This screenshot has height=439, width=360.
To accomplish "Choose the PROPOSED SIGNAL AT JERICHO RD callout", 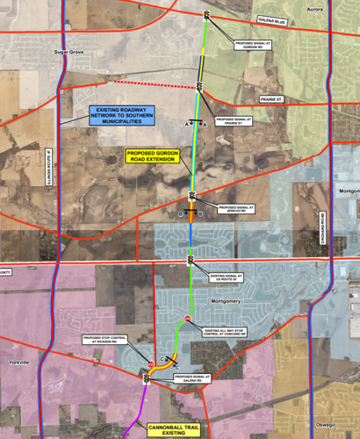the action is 231,210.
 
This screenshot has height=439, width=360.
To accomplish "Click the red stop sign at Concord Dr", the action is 187,318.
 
